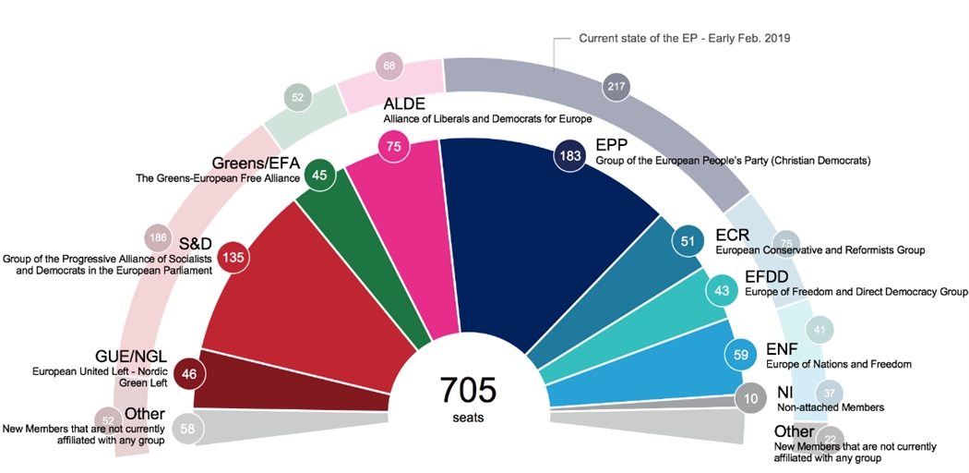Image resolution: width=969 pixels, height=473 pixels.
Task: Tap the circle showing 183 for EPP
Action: [568, 156]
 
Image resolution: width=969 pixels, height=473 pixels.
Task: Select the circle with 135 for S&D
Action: [233, 257]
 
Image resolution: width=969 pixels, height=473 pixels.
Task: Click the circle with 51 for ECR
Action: [688, 241]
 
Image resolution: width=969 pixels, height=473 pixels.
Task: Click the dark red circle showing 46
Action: [189, 375]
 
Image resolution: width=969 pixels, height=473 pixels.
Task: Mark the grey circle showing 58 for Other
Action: [188, 428]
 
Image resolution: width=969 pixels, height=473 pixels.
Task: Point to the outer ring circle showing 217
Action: [616, 87]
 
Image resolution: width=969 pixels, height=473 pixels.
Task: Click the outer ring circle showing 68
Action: [389, 66]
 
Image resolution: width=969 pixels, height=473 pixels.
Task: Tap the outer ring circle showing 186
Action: [159, 238]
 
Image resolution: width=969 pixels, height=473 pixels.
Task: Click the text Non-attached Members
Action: [831, 407]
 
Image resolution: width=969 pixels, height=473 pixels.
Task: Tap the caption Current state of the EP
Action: [684, 39]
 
